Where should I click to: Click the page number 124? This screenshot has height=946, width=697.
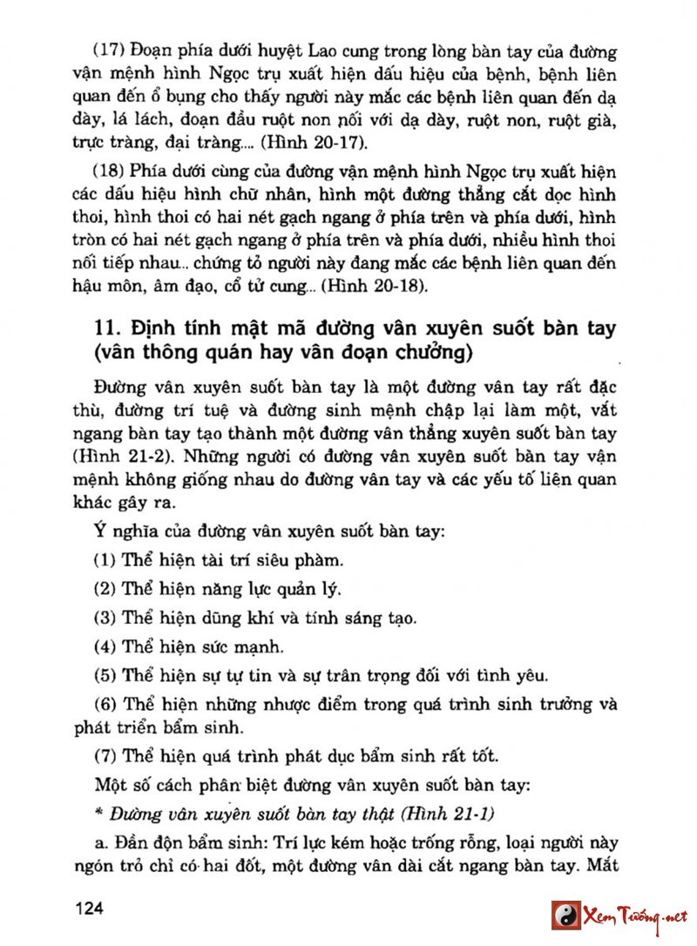point(90,909)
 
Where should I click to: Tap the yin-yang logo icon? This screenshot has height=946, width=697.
point(565,914)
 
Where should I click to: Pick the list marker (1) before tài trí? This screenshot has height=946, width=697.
point(106,559)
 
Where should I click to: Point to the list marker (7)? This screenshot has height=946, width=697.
point(106,754)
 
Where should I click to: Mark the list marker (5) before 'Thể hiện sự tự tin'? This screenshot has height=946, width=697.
point(106,674)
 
